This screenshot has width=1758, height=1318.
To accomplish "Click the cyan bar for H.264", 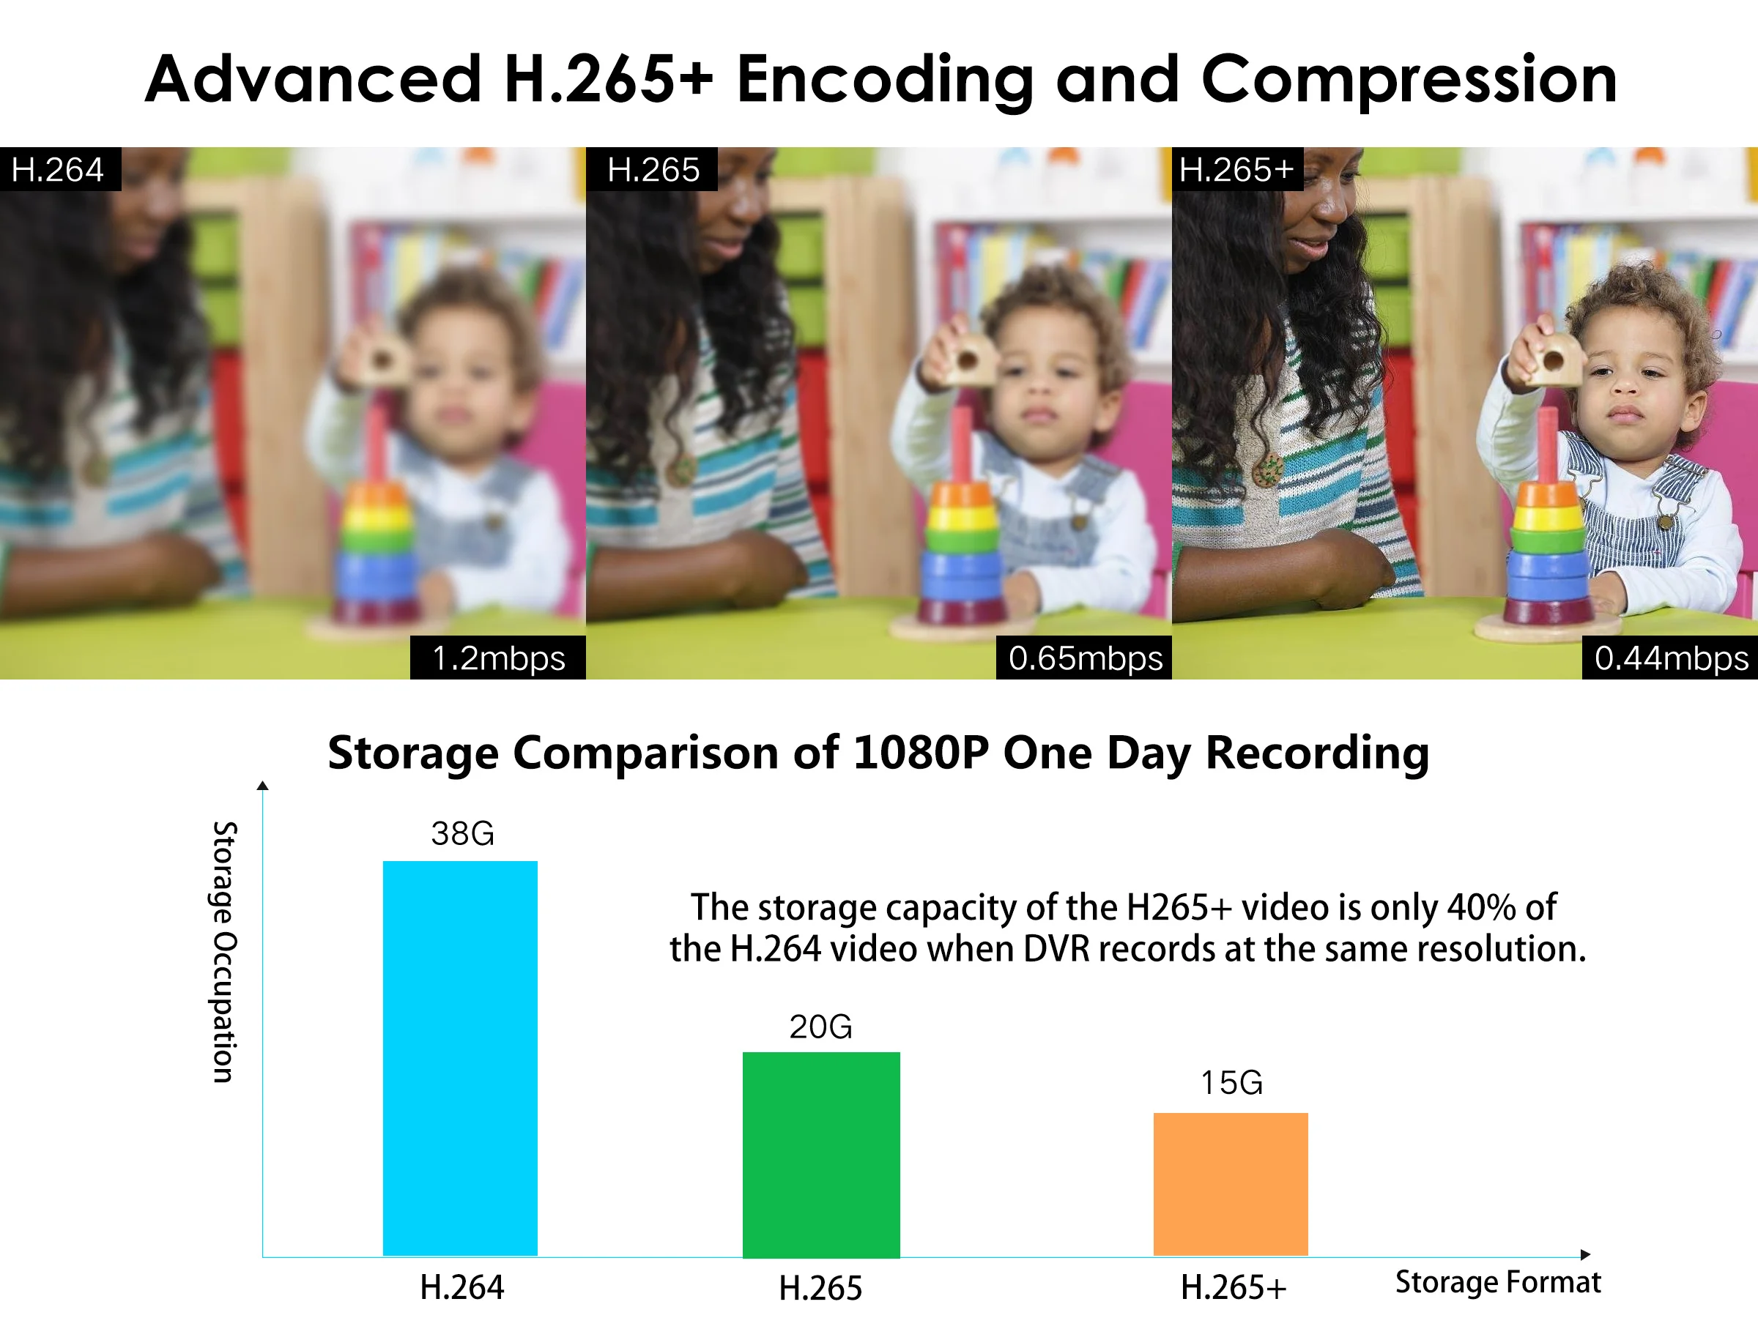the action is pos(460,1058).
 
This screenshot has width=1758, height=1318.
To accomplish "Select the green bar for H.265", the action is pos(821,1155).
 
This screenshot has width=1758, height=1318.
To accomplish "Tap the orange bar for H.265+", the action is pos(1231,1185).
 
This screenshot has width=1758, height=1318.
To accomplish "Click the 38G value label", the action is pos(462,834).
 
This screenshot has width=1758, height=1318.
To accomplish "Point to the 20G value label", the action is pos(820,1027).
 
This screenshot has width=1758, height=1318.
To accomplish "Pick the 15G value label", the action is pos(1231,1083).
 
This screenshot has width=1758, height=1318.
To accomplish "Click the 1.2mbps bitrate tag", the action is pos(497,658).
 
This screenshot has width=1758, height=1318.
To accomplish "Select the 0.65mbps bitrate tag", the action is pos(1084,658).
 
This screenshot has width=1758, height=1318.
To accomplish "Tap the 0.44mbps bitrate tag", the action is pos(1670,658).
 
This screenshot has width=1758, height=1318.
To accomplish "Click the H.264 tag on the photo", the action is pos(60,169).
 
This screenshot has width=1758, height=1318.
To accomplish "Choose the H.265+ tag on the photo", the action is pos(1237,169).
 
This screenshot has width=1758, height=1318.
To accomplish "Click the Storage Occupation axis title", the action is pos(224,952).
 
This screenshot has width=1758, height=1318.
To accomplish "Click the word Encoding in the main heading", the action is pos(886,81).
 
